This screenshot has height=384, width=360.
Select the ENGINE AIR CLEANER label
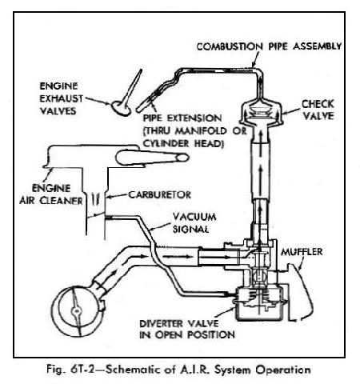pos(61,195)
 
